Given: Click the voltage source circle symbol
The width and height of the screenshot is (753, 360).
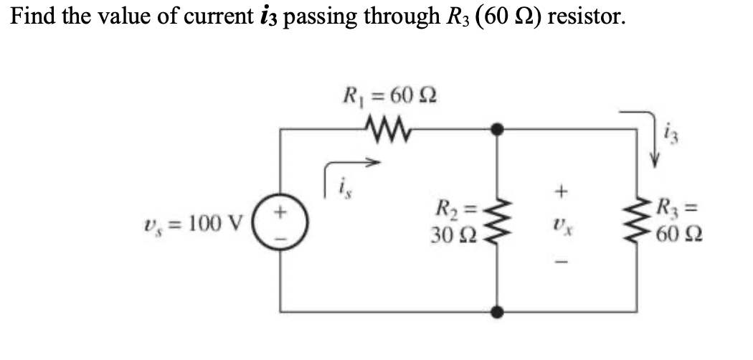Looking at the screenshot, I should (x=280, y=220).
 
